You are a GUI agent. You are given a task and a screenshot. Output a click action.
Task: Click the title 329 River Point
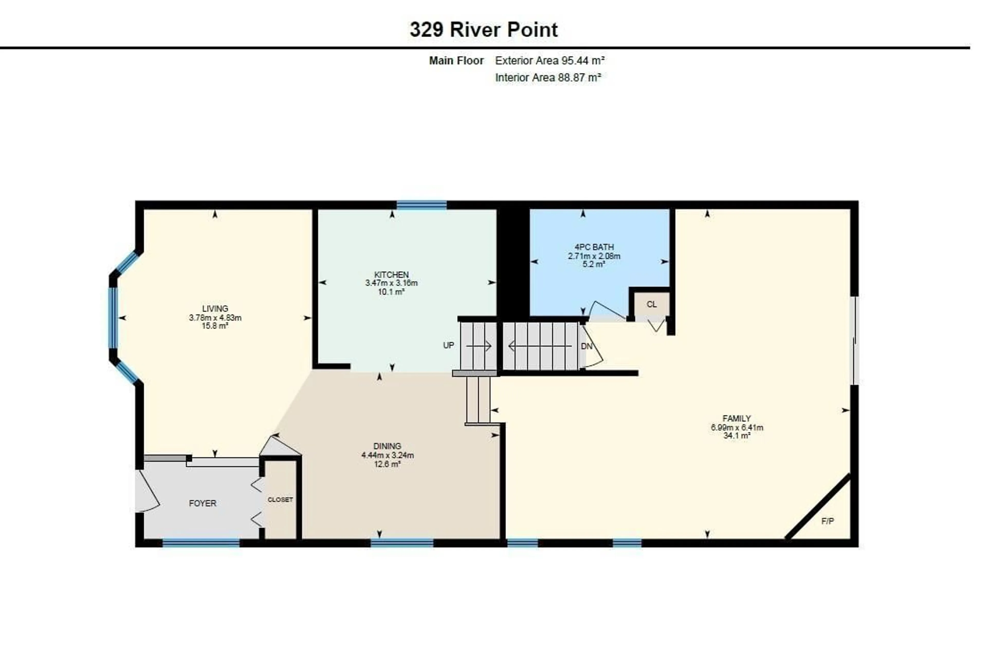(483, 30)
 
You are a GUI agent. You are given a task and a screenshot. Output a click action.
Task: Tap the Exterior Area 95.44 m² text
(550, 61)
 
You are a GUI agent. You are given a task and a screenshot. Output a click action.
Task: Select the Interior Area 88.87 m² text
(548, 78)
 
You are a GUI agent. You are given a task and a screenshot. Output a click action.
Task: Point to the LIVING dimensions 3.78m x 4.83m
(215, 318)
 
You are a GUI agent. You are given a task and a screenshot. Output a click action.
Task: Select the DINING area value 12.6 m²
(387, 464)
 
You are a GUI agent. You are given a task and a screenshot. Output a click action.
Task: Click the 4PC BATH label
(594, 247)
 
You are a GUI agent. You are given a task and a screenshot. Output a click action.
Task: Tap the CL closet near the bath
(651, 304)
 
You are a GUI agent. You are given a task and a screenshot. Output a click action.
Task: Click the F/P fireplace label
(827, 521)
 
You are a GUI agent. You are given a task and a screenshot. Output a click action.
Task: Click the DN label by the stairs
(586, 346)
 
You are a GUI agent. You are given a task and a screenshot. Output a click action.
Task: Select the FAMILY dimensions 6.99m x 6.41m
(736, 428)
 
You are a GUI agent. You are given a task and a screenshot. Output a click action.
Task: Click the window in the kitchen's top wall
(421, 205)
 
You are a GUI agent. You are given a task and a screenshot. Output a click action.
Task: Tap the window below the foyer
(201, 543)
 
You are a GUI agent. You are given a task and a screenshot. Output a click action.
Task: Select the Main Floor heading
(456, 61)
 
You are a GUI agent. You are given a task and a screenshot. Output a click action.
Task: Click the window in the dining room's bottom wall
(401, 543)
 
